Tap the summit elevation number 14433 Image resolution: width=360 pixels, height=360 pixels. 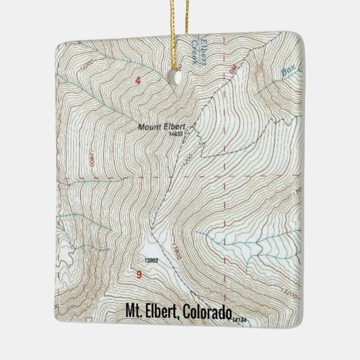click(176, 134)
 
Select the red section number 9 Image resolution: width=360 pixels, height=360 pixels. click(139, 274)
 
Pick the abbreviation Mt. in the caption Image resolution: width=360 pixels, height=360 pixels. click(134, 311)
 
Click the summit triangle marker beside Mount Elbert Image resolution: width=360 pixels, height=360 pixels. click(193, 125)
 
